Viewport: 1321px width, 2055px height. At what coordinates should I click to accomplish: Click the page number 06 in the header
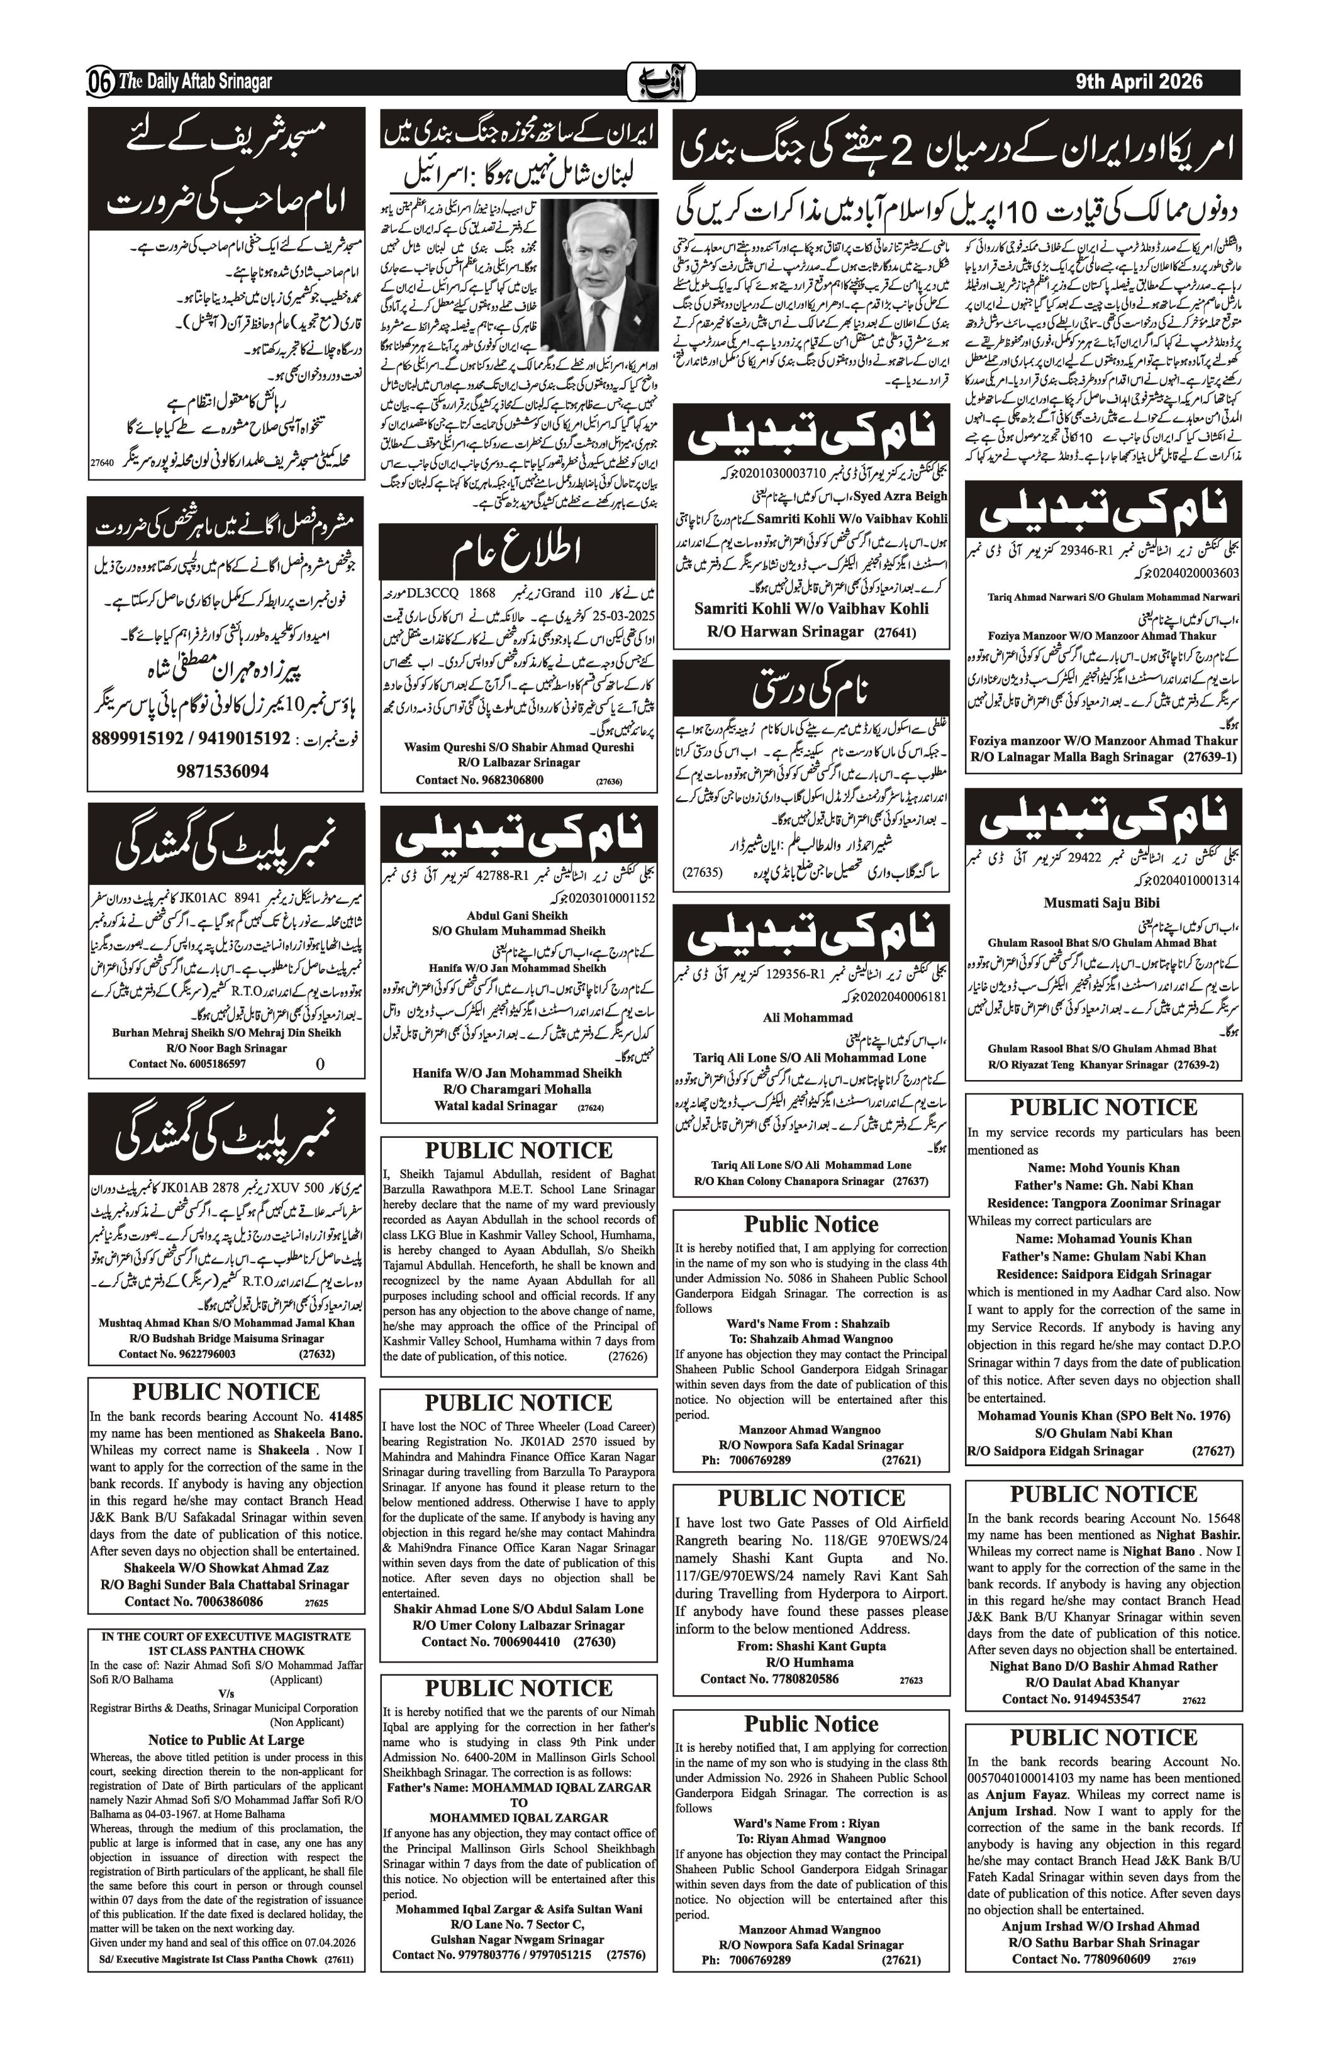click(x=99, y=83)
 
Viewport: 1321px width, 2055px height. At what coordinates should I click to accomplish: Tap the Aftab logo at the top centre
click(x=660, y=82)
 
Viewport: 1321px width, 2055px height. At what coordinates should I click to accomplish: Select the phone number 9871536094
click(x=223, y=771)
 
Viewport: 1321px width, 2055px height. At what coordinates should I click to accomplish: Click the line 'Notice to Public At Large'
click(x=226, y=1740)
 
